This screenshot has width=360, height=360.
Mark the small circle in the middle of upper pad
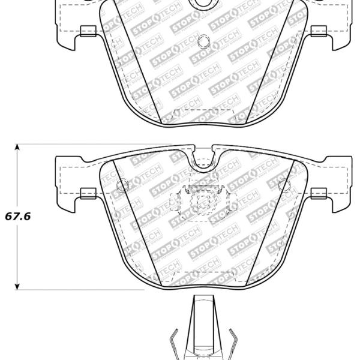coord(203,41)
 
